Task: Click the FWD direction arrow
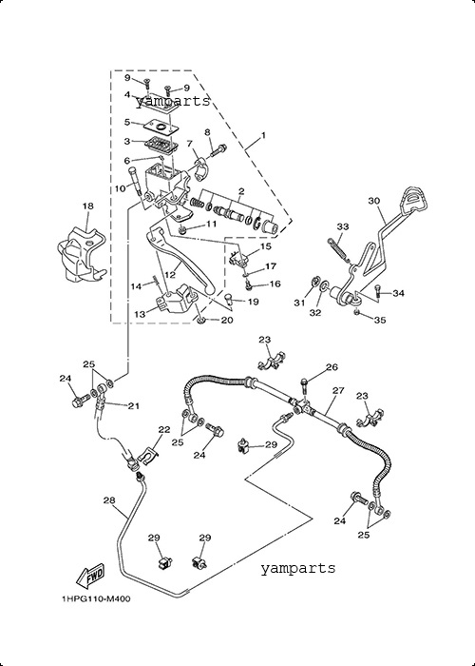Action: pos(90,576)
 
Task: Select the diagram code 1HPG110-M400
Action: pos(96,598)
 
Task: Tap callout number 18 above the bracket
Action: pos(87,206)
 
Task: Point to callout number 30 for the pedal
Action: pos(373,201)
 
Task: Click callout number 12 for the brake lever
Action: pos(170,275)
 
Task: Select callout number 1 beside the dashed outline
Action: pos(263,135)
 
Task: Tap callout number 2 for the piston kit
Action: pos(241,191)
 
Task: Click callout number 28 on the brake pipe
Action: pos(109,500)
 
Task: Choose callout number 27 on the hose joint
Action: pos(338,390)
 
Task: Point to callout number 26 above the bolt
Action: pos(332,366)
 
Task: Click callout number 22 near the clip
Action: pos(164,429)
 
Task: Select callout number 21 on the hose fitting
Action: pos(134,406)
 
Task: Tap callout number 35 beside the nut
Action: pos(380,321)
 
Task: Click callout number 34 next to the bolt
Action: pos(398,293)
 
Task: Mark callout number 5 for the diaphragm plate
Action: pos(127,123)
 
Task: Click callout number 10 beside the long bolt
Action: pos(121,187)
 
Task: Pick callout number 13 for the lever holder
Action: pos(140,314)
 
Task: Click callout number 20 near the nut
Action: pos(226,320)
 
